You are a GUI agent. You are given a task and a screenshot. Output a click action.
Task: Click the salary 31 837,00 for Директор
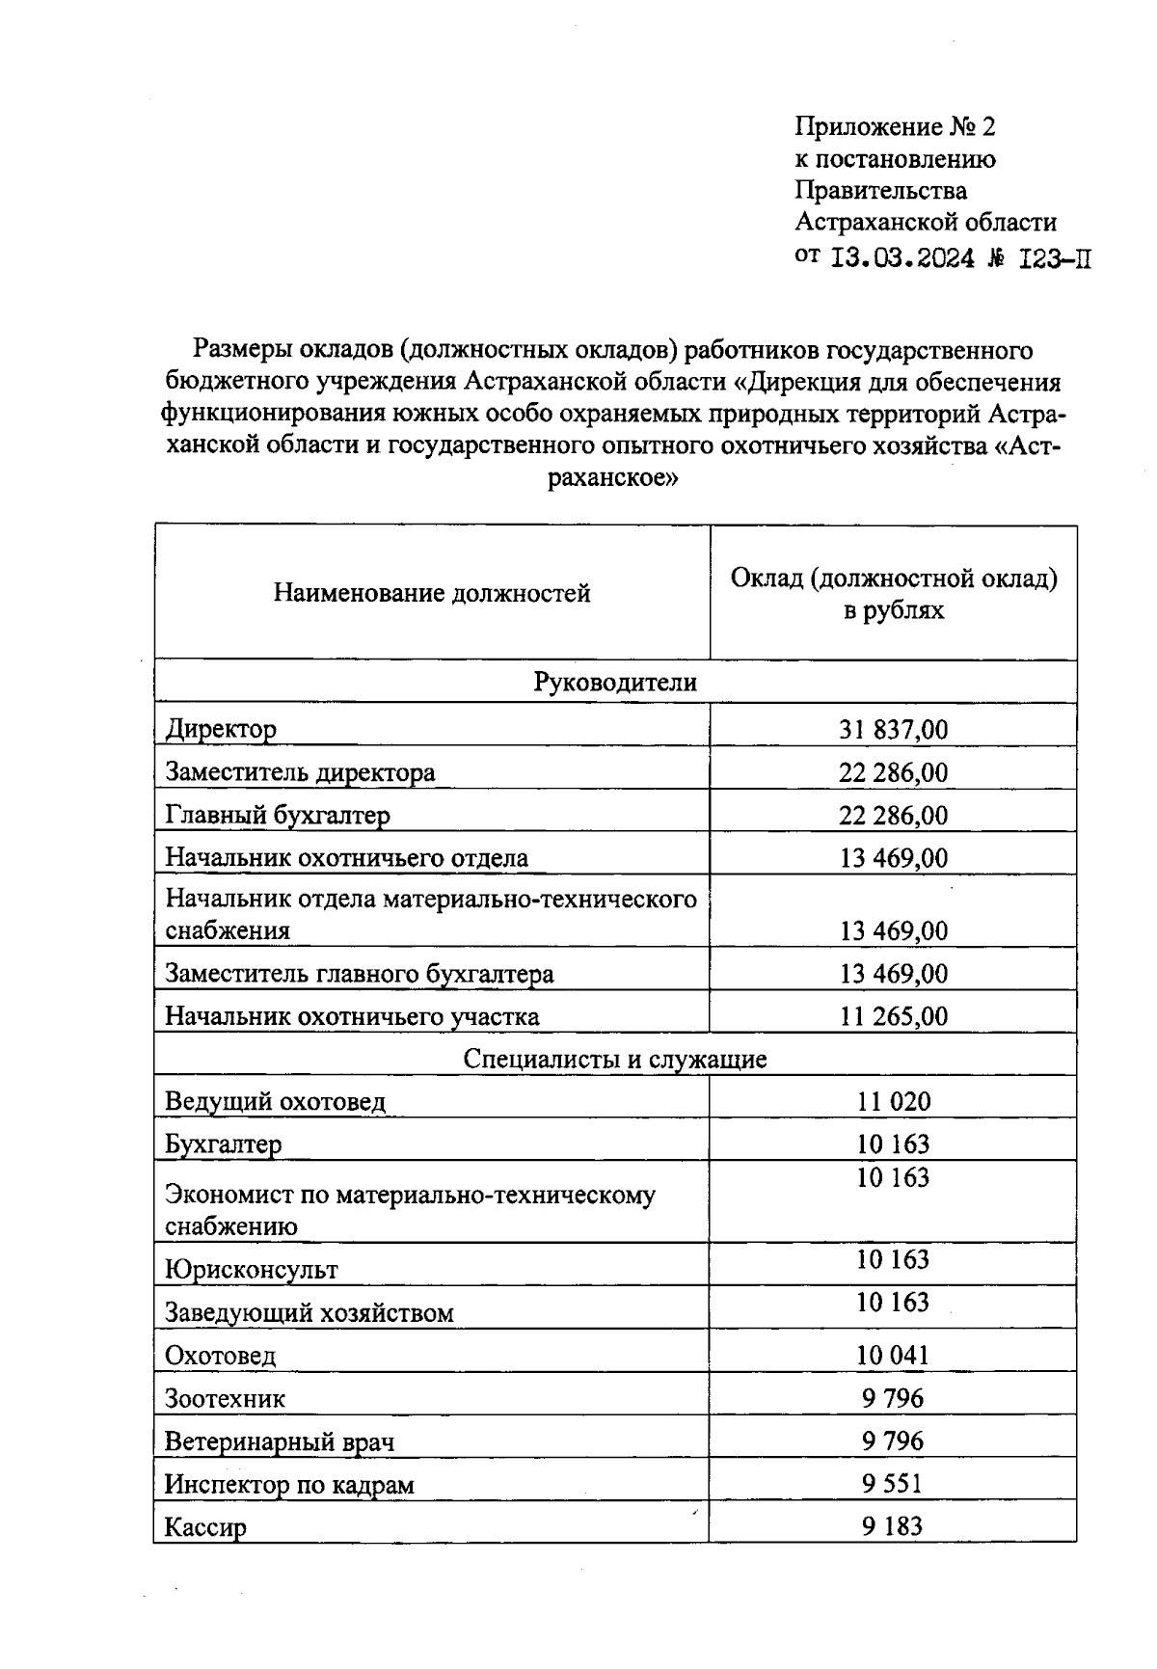point(893,729)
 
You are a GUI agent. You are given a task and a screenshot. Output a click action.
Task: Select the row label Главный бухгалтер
point(278,816)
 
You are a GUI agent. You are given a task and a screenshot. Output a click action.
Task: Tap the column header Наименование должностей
point(431,593)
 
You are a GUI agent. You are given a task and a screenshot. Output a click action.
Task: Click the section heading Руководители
point(615,683)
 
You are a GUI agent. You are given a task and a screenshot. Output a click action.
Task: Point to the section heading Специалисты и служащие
point(615,1060)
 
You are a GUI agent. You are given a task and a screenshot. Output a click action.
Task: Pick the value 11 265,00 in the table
point(893,1016)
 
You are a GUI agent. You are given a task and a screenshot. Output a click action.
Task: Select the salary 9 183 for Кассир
point(893,1526)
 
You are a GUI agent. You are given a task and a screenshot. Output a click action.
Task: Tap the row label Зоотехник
point(225,1398)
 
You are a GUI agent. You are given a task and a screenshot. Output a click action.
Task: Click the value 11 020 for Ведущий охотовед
point(893,1101)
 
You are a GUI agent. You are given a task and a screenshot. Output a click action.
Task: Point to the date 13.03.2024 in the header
point(901,258)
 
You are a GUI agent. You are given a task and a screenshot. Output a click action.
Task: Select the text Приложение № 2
point(894,126)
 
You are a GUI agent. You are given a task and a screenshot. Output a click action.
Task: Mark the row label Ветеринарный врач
point(280,1441)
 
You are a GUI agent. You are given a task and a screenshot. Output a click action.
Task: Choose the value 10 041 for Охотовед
point(893,1355)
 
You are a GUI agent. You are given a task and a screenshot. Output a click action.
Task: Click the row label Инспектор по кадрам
point(288,1484)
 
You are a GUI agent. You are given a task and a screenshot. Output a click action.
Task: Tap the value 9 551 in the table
point(893,1483)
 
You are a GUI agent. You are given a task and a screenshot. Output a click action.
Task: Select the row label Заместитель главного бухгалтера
point(360,974)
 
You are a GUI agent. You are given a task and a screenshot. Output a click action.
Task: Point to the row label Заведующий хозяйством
point(309,1312)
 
